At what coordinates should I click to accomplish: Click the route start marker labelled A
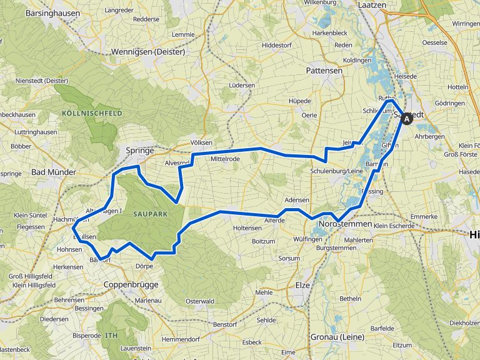(407, 118)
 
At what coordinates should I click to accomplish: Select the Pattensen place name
(324, 71)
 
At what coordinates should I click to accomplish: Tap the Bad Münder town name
(53, 172)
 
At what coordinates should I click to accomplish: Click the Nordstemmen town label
(345, 224)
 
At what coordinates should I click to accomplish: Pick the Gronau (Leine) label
(337, 337)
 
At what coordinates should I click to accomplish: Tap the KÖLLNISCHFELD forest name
(91, 114)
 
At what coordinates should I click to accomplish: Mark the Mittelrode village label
(225, 159)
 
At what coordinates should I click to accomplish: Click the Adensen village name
(296, 200)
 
